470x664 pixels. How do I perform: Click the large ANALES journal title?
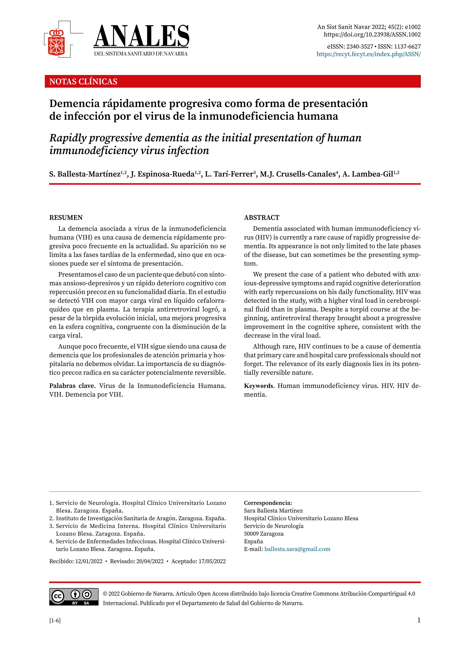tap(142, 36)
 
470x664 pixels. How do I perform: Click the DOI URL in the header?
tap(372, 34)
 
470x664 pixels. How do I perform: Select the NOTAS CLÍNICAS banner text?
tap(83, 82)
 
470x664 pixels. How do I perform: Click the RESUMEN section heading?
tap(66, 218)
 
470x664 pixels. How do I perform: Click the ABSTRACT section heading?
tap(262, 218)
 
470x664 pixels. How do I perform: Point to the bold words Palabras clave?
tap(72, 386)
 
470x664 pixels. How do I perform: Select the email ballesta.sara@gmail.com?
tap(297, 549)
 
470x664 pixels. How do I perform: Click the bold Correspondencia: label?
tap(268, 503)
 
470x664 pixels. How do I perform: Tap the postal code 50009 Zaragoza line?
tap(264, 534)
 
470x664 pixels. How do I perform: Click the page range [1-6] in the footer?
tap(55, 620)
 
